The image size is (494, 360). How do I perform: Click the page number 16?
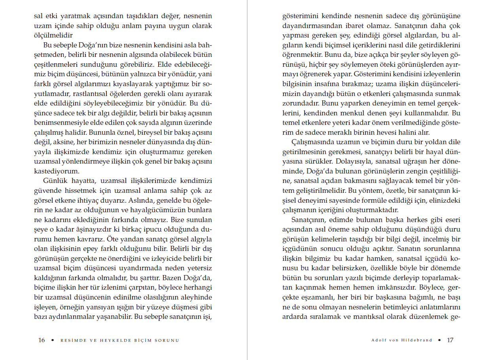pos(42,340)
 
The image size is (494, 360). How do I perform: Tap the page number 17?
pos(450,340)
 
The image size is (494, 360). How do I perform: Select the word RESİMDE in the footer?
pos(73,341)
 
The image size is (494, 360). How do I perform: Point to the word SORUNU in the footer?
pos(167,341)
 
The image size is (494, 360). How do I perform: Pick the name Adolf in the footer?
pos(379,341)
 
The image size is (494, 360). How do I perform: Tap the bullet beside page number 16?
pos(53,341)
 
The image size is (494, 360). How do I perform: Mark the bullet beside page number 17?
pos(440,341)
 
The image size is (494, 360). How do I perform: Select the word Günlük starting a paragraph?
pos(56,181)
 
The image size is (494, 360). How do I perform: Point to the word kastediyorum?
pos(57,171)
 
